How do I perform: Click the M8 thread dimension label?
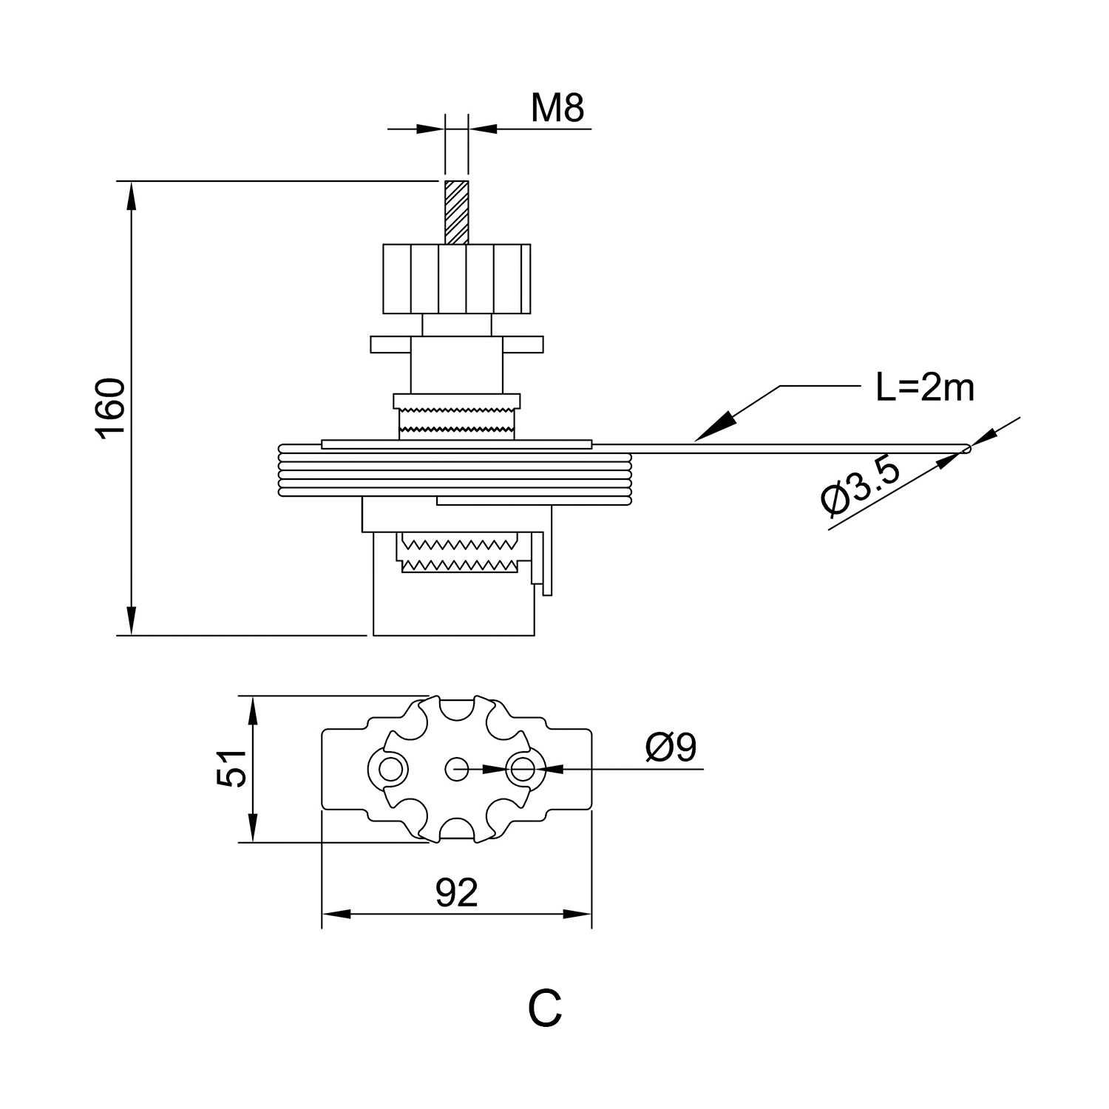click(x=557, y=108)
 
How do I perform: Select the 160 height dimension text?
click(x=111, y=408)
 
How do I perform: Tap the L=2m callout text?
click(x=924, y=387)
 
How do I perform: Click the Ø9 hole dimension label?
click(x=671, y=747)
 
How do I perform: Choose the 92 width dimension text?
click(x=457, y=892)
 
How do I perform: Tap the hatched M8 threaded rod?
click(x=456, y=212)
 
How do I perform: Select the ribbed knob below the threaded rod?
click(x=456, y=279)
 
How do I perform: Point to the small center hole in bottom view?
click(x=456, y=769)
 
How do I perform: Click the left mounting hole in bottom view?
click(x=390, y=770)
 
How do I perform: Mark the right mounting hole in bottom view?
click(x=523, y=770)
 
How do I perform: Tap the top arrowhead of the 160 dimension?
click(x=132, y=194)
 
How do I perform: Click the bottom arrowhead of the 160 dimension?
click(x=132, y=622)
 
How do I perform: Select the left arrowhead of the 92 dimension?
click(x=335, y=915)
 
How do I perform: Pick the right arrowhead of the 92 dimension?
click(x=579, y=915)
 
